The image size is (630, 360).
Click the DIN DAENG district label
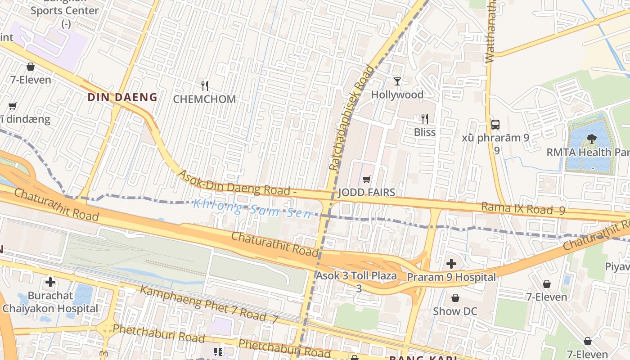tap(122, 97)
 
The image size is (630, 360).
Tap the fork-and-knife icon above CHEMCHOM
tap(205, 85)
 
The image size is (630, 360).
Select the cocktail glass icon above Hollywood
tap(397, 81)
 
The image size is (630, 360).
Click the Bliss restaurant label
tap(425, 132)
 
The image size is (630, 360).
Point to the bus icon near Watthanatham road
tap(495, 125)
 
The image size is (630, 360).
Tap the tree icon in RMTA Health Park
tap(591, 139)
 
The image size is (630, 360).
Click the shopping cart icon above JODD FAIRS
tap(367, 180)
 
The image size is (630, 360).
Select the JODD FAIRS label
tap(366, 193)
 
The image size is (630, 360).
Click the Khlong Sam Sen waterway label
tap(252, 209)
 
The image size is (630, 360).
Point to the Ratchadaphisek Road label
tap(351, 118)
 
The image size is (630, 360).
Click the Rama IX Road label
tap(522, 208)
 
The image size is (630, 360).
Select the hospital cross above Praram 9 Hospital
tap(451, 263)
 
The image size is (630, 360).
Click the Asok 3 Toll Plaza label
tap(356, 276)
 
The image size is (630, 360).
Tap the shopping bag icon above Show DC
tap(455, 298)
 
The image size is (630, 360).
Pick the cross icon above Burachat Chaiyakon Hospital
tap(50, 282)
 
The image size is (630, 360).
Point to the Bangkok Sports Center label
tap(65, 10)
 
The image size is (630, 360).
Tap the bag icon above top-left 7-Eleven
tap(31, 67)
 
